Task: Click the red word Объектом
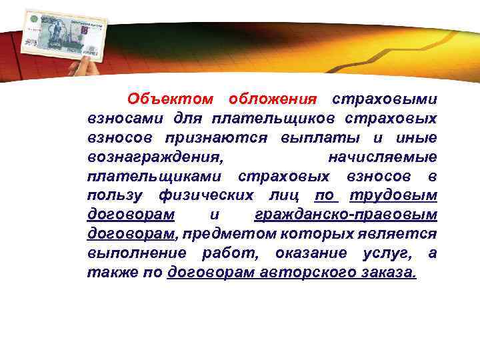pos(170,99)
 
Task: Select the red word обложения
pos(271,99)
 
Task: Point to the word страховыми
pos(385,99)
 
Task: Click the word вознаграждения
pos(155,157)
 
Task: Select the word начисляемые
pos(383,157)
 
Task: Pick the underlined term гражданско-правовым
pos(346,215)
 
